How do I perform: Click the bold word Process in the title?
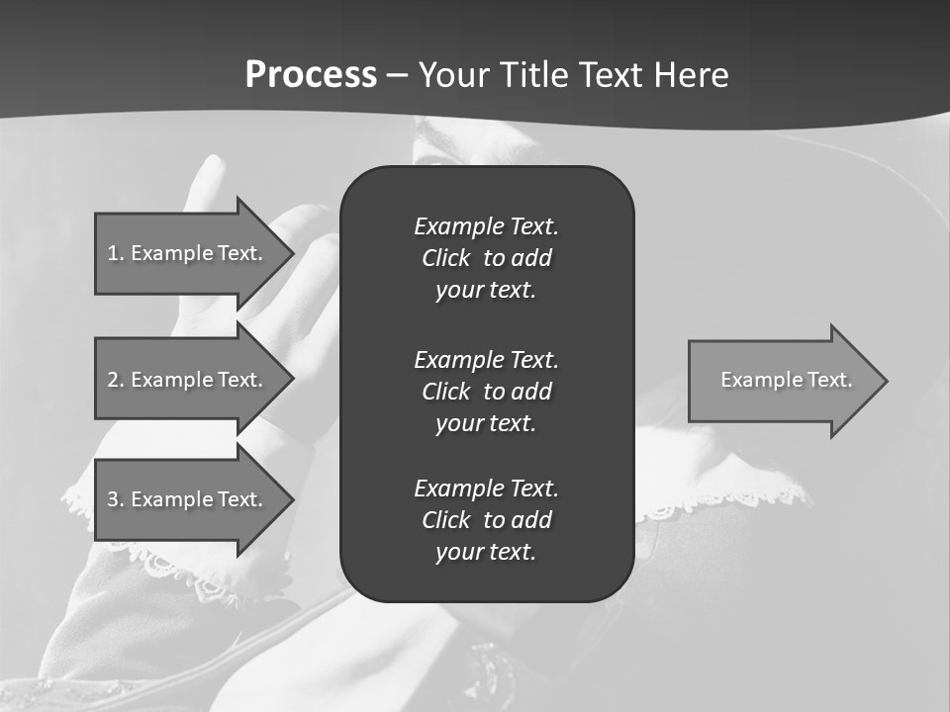[311, 75]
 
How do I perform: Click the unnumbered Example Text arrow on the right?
[786, 380]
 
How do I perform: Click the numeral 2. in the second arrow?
[115, 380]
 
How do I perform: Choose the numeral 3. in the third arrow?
[115, 499]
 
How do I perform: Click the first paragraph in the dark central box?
[486, 258]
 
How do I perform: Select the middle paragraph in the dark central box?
[486, 391]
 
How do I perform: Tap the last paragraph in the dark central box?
[486, 520]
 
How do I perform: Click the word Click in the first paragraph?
[445, 258]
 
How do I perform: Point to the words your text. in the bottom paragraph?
[486, 552]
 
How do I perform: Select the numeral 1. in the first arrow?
[115, 253]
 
